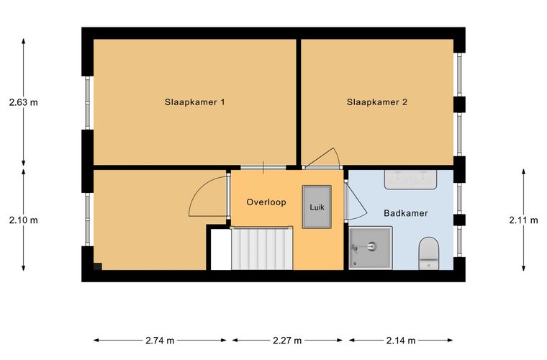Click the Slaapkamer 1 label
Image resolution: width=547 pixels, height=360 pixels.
pos(194,102)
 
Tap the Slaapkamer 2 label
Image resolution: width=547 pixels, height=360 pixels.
pos(376,102)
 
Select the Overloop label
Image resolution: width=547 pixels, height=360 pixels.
pos(266,202)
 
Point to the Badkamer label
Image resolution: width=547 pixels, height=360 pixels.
pos(406,213)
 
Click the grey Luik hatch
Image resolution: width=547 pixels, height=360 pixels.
pos(317,207)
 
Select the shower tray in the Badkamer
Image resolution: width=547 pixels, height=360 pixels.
pos(371,248)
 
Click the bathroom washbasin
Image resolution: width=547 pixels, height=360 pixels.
pos(410,180)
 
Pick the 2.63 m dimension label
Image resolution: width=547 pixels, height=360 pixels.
pos(23,102)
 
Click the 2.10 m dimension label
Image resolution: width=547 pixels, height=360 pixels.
pos(23,220)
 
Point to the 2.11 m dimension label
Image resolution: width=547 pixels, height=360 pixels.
pos(524,220)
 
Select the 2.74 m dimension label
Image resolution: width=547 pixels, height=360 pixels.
pos(160,341)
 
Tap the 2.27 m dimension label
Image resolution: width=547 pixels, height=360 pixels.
pos(287,341)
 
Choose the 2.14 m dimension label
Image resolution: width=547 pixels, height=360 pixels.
pos(401,341)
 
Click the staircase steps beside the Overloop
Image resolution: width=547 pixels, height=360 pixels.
pos(262,248)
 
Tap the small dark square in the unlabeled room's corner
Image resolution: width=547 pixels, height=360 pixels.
pos(98,266)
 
